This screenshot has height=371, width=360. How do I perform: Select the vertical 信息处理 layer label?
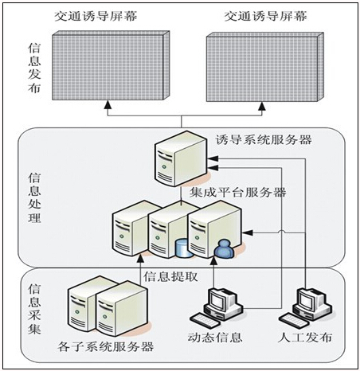[33, 196]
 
